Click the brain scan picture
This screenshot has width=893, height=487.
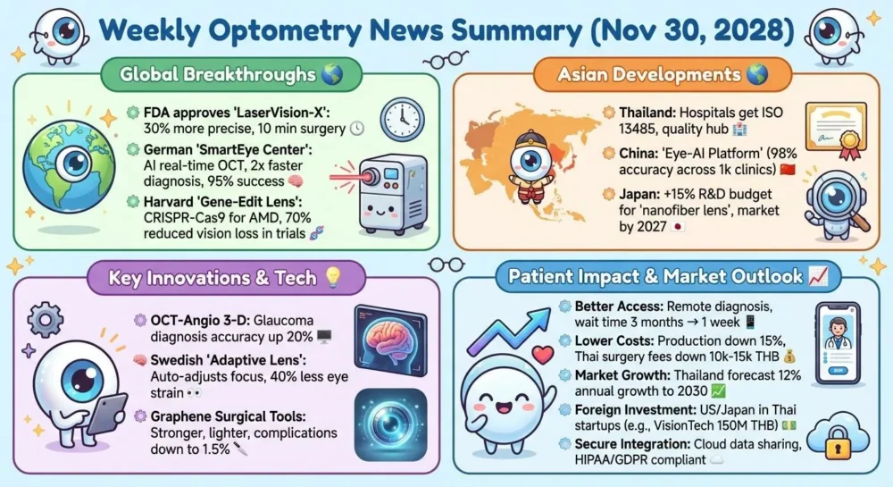pyautogui.click(x=391, y=336)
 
